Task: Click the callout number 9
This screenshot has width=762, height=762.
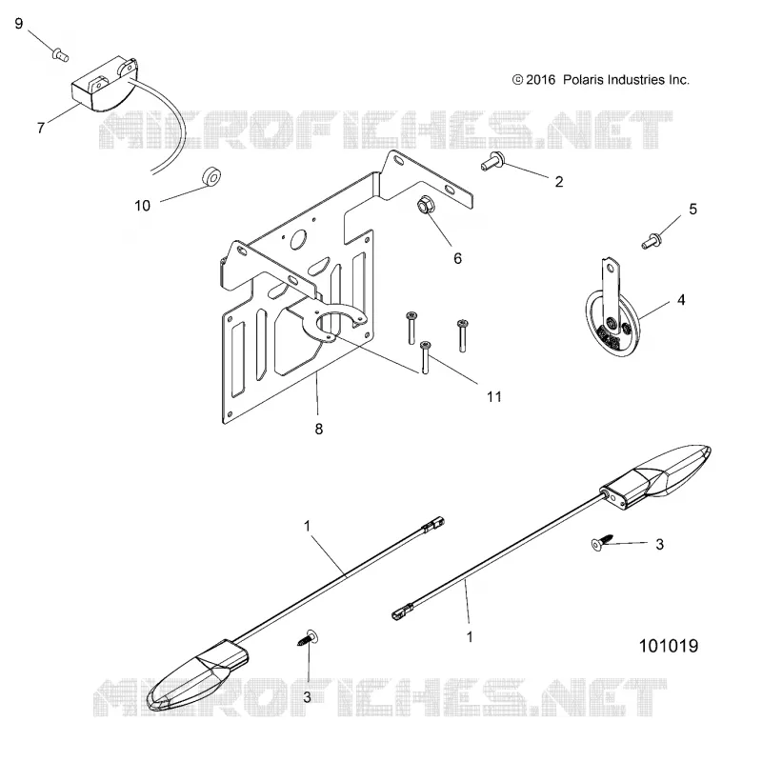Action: pos(19,23)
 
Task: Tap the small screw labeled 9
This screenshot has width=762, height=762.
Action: pos(60,53)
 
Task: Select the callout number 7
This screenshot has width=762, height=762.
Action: pos(41,128)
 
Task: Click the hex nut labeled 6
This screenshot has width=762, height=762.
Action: pos(426,205)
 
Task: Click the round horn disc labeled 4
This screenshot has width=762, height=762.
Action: pos(613,325)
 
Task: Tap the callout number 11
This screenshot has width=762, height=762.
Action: pos(494,396)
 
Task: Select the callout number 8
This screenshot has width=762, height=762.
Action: pos(319,429)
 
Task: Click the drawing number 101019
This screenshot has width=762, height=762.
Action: pos(669,646)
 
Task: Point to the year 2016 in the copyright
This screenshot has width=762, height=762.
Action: pos(540,80)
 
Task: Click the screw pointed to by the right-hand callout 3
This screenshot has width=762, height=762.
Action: pos(602,542)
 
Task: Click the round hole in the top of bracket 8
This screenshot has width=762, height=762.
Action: pos(299,240)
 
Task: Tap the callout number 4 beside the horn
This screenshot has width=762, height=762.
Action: pos(681,300)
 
